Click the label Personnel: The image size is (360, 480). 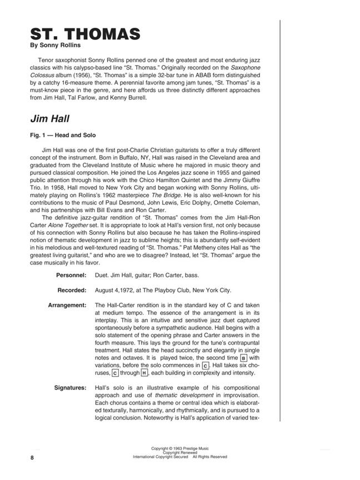coord(71,276)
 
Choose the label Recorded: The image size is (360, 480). coord(72,290)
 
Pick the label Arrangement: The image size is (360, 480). coord(67,305)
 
